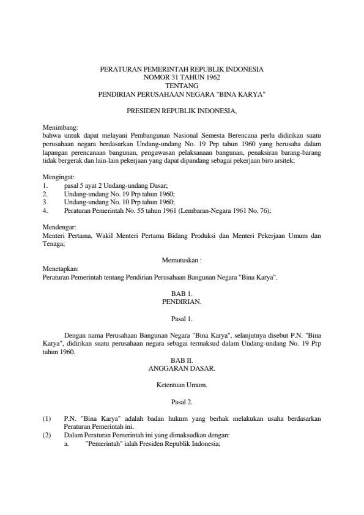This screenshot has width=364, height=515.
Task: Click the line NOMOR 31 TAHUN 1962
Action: tap(182, 78)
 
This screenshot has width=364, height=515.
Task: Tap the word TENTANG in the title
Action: tap(182, 86)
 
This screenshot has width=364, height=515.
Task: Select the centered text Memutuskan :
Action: tap(182, 259)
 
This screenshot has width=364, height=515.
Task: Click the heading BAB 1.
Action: tap(182, 294)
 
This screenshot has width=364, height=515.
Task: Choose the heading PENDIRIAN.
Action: tap(182, 302)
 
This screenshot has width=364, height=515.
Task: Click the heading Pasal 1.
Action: tap(182, 319)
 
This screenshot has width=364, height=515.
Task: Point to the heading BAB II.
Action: tap(182, 361)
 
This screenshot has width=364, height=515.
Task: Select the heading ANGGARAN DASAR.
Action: tap(182, 369)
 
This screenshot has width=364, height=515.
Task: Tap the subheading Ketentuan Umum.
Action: tap(182, 385)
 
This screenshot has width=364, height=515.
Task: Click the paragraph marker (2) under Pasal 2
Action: tap(46, 435)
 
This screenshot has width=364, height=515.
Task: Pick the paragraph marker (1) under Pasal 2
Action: tap(46, 418)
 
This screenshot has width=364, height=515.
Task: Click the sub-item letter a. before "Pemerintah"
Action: tap(67, 443)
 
